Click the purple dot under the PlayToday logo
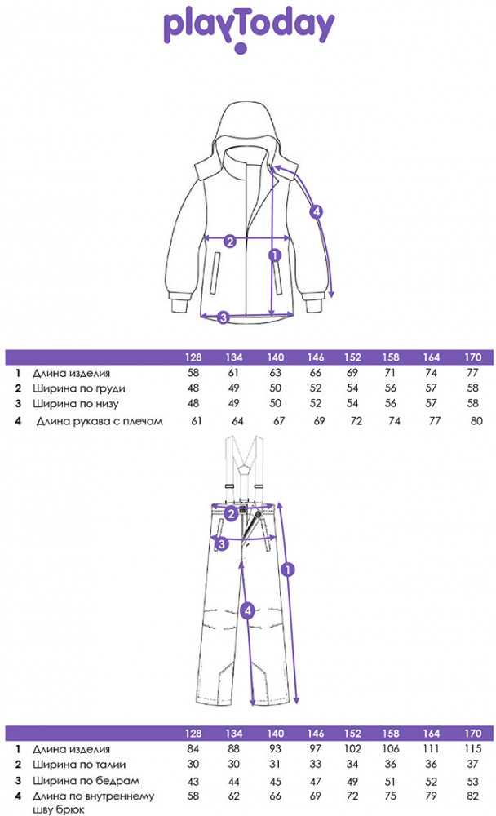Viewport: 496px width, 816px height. point(240,48)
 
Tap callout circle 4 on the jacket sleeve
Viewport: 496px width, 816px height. point(316,212)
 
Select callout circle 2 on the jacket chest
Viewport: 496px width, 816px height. point(230,242)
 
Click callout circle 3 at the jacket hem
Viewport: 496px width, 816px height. point(224,317)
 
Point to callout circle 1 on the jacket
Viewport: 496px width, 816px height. point(274,255)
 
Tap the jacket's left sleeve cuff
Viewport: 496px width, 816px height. point(178,303)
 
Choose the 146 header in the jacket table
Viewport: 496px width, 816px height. point(316,357)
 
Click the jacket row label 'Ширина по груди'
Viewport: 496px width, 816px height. point(78,388)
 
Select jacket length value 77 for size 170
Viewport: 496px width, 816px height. point(472,373)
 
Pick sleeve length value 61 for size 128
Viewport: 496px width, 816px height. point(197,421)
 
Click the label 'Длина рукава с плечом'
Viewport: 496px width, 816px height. point(100,422)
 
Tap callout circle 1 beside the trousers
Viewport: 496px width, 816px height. point(288,570)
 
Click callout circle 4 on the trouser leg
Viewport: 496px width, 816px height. point(248,610)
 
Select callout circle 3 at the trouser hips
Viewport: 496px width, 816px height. point(222,544)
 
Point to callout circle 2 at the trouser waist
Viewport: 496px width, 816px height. point(232,514)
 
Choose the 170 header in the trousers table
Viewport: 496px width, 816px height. point(472,734)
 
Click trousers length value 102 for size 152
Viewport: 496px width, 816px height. point(352,749)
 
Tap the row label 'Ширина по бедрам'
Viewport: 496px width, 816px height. point(86,781)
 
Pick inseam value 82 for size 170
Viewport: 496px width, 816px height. point(472,796)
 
